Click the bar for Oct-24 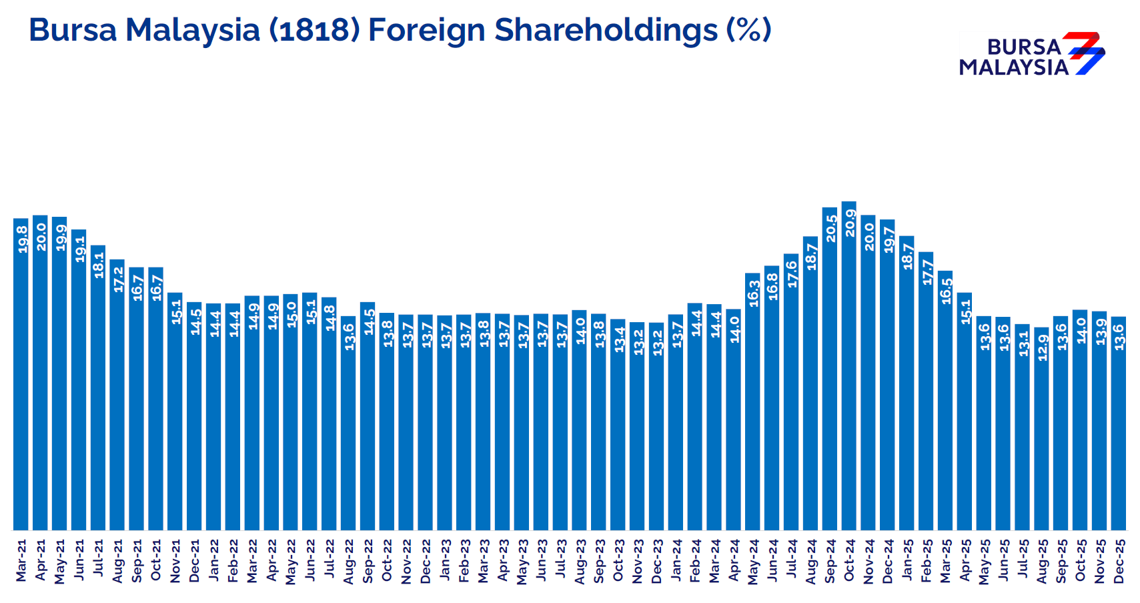pos(848,367)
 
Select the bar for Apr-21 pos(40,374)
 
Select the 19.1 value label pos(79,249)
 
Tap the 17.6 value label pos(792,273)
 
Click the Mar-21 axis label pos(21,560)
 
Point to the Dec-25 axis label pos(1119,561)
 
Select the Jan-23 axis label pos(445,561)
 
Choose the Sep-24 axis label pos(830,561)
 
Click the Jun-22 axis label pos(310,561)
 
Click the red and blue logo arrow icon pos(1083,53)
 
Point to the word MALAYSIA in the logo pos(1014,67)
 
